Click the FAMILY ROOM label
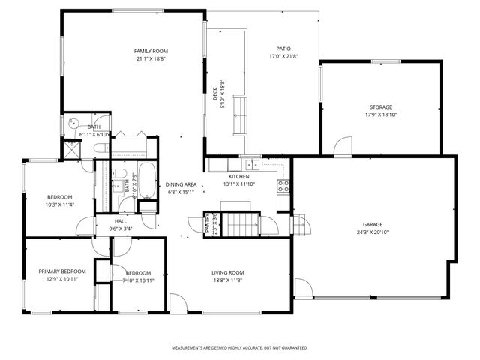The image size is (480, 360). coord(151,50)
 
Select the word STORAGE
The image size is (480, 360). coord(380,107)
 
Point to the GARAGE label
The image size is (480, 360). coord(373,224)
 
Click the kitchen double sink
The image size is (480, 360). coord(253,164)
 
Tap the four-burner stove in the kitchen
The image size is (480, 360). coord(284,185)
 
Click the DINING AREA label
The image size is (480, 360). coord(181,184)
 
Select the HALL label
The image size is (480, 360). coord(121,221)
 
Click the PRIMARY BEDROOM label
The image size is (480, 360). coord(62,271)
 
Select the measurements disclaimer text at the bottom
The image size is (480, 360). coord(240,348)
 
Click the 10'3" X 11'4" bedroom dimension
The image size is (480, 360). coord(59,204)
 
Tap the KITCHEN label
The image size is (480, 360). coord(229,176)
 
